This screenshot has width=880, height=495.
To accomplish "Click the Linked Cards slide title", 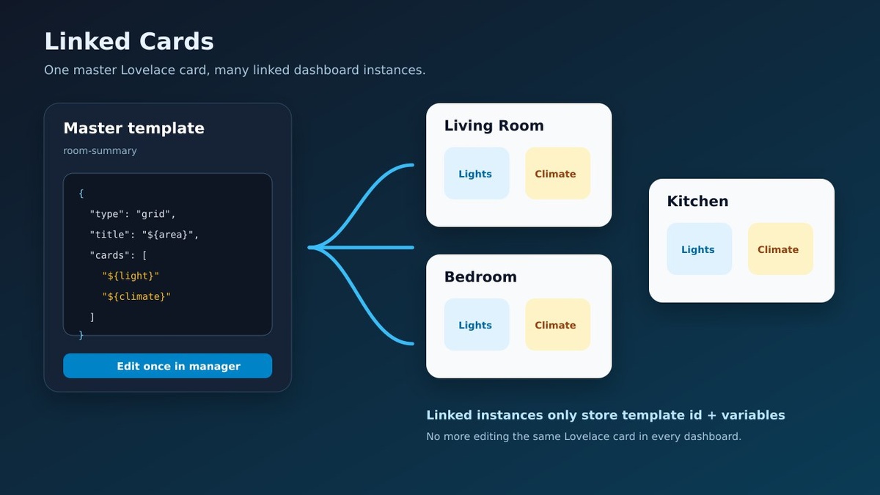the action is pos(129,42).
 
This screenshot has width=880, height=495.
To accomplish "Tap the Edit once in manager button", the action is pos(167,366).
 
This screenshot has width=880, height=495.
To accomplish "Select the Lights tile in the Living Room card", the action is pos(477,173).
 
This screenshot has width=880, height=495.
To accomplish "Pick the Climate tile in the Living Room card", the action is pos(557,173).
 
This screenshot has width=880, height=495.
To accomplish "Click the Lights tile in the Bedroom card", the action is pos(477,324).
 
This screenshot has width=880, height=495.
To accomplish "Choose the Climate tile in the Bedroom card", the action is pos(557,324).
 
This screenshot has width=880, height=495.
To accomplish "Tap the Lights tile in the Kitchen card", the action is pos(700,249).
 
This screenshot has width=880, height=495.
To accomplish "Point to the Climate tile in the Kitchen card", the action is pos(780,249).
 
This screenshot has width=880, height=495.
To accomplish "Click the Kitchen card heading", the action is pos(697,201).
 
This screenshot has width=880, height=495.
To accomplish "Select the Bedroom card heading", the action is pos(480,277).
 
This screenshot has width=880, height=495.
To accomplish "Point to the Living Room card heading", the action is pos(494,125).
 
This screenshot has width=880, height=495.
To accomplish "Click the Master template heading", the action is pos(134,128).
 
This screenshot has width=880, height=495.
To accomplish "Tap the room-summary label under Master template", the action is pos(100,151).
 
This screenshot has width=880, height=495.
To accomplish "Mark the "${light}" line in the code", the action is pos(131,276).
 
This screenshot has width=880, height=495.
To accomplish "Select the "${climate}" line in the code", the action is pos(136,296).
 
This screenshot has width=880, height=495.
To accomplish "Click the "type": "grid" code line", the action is pos(133,214).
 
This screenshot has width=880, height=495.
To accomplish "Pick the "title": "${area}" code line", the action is pos(144,235).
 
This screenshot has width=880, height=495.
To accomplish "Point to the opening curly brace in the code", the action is pos(81,194).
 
